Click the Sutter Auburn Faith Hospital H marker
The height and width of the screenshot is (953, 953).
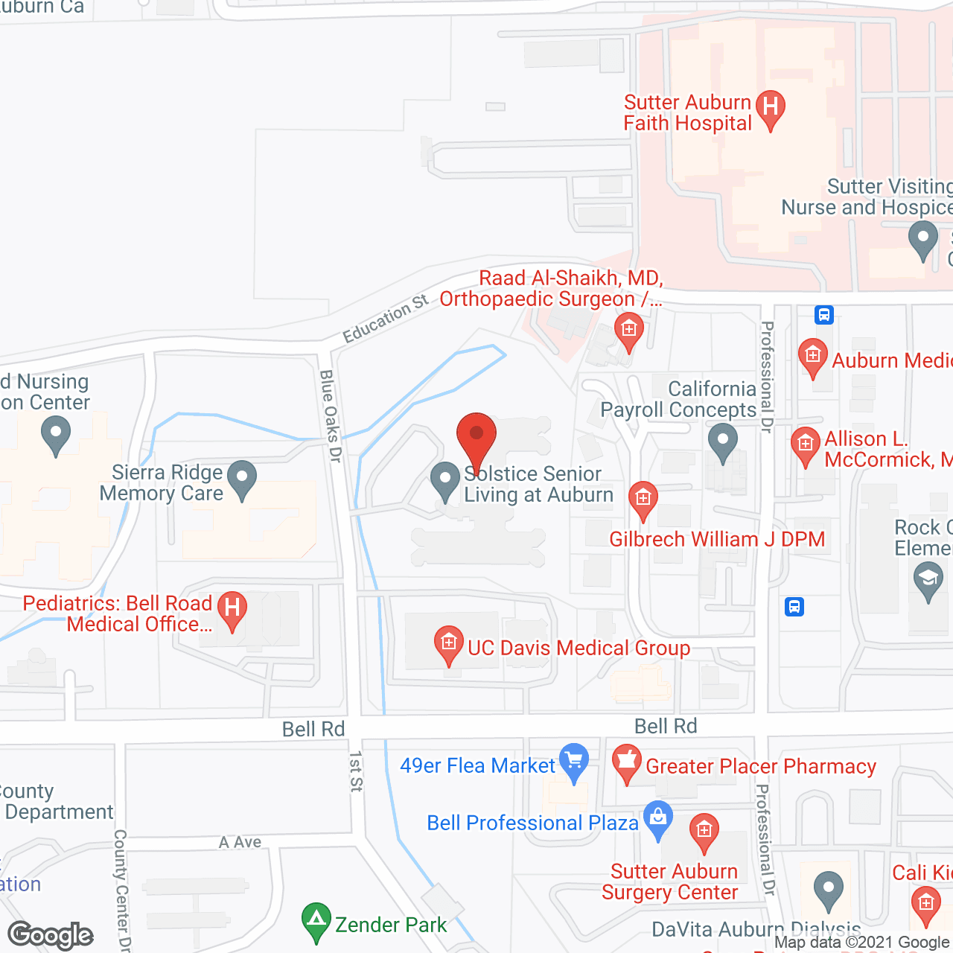(x=771, y=108)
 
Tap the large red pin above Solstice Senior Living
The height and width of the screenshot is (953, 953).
(x=476, y=436)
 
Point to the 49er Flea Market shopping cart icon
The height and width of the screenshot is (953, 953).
(x=574, y=761)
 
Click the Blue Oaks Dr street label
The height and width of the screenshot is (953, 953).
(x=330, y=416)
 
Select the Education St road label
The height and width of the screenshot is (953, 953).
(x=385, y=319)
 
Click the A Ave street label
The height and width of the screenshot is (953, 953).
(x=240, y=842)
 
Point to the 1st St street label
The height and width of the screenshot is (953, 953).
(x=356, y=771)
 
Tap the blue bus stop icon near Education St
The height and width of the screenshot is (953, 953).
(x=823, y=314)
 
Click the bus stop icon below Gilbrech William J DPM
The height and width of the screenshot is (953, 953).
(x=794, y=607)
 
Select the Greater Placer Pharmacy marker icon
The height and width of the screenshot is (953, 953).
(x=627, y=762)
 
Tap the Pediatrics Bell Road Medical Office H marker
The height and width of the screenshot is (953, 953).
(x=232, y=608)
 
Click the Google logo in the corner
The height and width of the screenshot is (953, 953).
(x=51, y=935)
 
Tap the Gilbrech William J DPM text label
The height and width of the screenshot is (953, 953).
(x=717, y=539)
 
